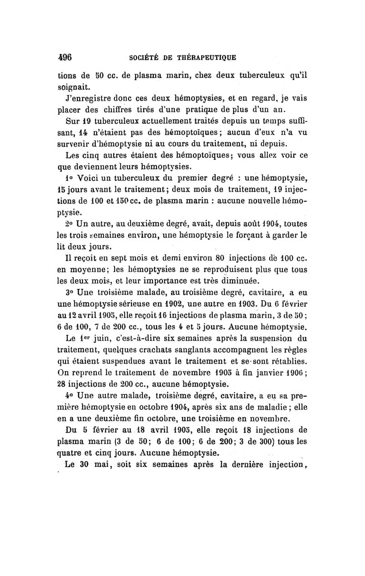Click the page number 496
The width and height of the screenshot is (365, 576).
66,57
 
